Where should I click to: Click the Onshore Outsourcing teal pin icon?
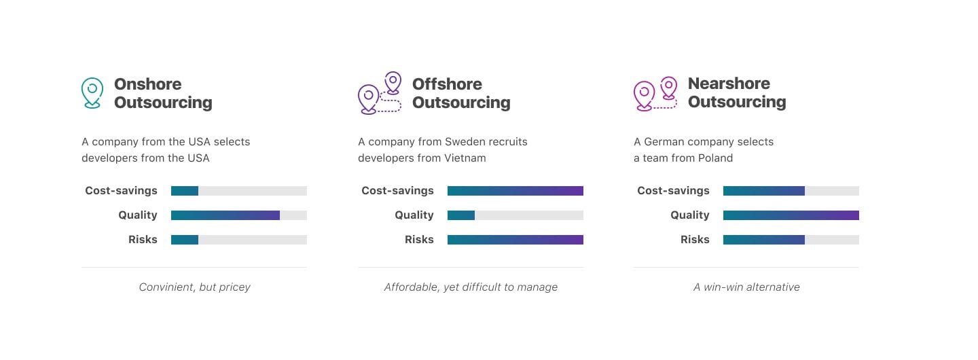click(92, 93)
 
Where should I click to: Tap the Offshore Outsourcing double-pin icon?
click(379, 93)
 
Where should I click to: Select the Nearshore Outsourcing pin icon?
click(655, 93)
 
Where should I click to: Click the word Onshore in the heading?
click(147, 84)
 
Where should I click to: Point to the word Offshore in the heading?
click(447, 84)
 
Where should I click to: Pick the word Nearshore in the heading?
click(729, 84)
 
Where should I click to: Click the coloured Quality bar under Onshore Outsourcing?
click(225, 215)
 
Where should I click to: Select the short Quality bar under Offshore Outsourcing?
click(461, 215)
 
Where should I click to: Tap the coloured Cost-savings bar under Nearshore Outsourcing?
click(763, 191)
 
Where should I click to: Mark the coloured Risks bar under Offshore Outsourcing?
click(515, 240)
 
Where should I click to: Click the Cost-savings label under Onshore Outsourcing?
click(121, 191)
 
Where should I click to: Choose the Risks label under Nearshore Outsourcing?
click(695, 240)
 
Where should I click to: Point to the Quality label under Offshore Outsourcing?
click(414, 215)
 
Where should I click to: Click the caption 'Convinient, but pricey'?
click(194, 287)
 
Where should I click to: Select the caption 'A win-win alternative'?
click(746, 287)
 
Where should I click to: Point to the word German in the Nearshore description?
click(664, 142)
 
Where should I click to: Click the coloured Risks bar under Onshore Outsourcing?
click(185, 240)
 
